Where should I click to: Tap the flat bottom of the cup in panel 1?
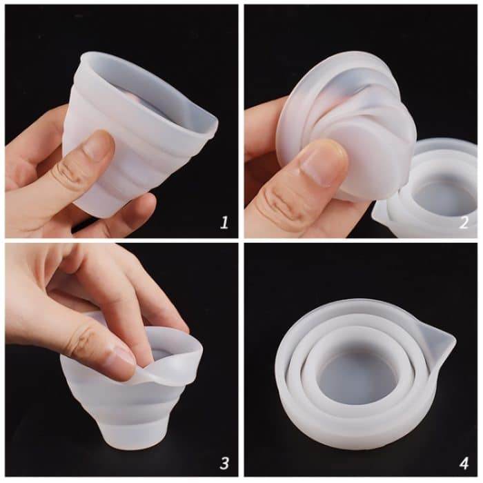(103, 207)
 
